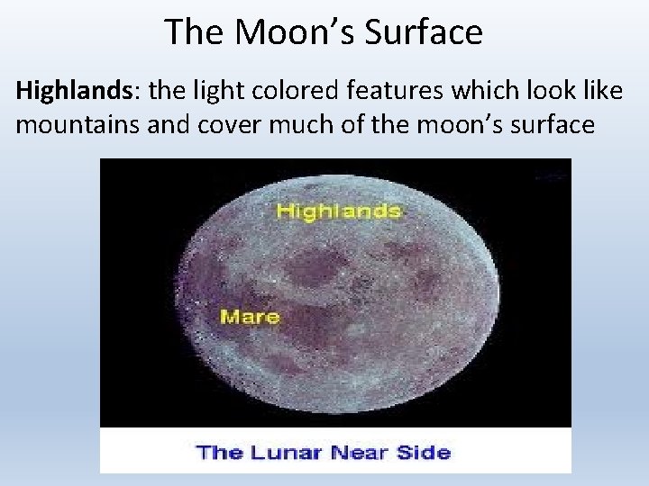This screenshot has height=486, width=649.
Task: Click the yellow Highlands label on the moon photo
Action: click(x=338, y=211)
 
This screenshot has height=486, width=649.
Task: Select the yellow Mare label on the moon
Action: click(x=250, y=317)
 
